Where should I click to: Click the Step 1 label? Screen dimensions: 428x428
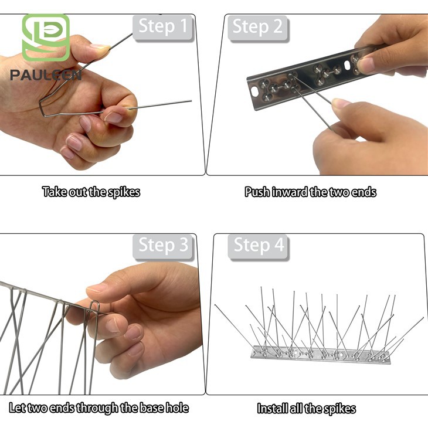(x=163, y=27)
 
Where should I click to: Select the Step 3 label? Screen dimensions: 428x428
(x=163, y=246)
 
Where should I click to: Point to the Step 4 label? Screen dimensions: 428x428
(x=259, y=246)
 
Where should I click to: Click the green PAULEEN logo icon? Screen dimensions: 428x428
(x=46, y=38)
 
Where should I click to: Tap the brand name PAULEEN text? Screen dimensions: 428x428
(x=46, y=75)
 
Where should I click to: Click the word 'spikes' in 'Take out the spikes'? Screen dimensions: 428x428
(x=124, y=192)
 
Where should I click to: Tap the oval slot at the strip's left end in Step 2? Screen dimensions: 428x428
(x=254, y=91)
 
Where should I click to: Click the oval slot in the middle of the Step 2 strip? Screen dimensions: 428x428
(x=348, y=66)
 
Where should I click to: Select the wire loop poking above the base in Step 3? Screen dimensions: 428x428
(x=94, y=306)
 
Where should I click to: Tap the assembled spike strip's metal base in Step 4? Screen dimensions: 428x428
(x=321, y=355)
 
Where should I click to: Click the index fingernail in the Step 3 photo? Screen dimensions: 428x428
(x=97, y=288)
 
